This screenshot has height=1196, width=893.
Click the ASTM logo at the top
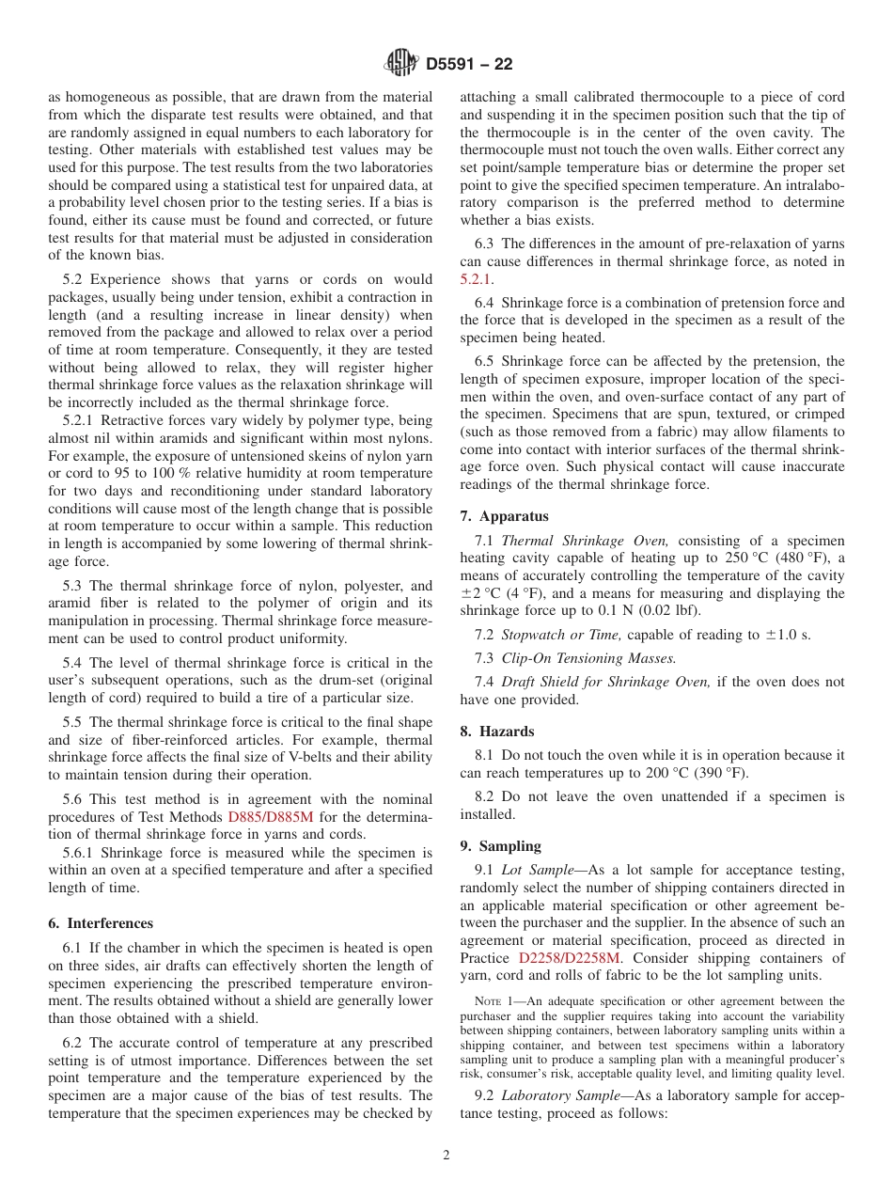coord(401,64)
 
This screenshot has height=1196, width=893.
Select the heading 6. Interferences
coord(101,923)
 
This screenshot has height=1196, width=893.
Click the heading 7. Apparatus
coord(505,516)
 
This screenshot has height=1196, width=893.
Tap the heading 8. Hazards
coord(497,731)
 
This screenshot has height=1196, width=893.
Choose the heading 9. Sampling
coord(501,845)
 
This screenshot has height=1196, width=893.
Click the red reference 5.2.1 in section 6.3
coord(476,279)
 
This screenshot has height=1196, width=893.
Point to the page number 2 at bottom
coord(446,1156)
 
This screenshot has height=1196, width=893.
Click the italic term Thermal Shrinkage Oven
coord(585,541)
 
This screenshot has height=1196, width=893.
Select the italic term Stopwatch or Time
coord(561,635)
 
